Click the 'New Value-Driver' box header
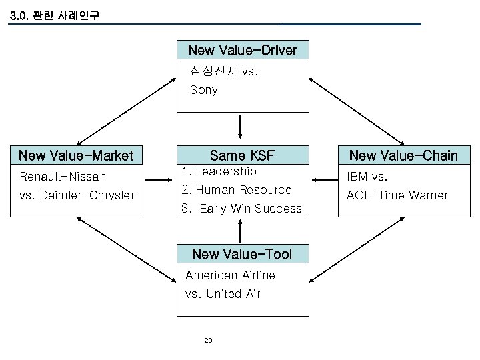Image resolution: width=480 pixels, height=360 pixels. [x=242, y=50]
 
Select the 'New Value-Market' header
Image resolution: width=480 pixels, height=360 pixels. [x=76, y=156]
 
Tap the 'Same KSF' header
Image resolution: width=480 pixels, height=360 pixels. [x=241, y=156]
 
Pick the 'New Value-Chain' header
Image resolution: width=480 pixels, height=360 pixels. [x=403, y=156]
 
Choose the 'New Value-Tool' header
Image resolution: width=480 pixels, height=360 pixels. [x=241, y=254]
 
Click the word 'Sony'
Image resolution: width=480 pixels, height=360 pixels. [x=203, y=90]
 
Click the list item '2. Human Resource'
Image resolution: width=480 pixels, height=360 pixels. [x=237, y=190]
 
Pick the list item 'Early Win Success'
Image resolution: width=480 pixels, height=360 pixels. [x=251, y=209]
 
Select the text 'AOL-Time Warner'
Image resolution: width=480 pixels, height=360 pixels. [x=396, y=195]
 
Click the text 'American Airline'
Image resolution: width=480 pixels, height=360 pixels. [x=230, y=275]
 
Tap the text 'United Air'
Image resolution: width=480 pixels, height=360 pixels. [x=233, y=294]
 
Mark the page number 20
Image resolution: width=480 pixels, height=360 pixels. [x=207, y=341]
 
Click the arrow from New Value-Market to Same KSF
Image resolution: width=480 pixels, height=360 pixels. [x=159, y=179]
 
